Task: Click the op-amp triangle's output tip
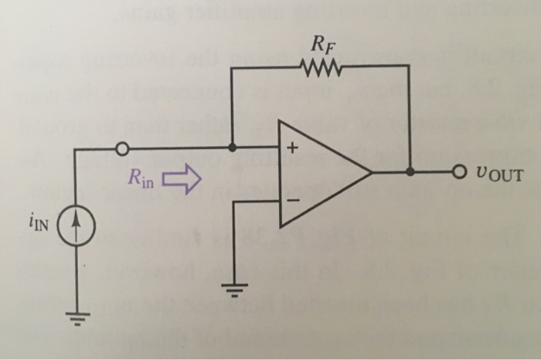tap(373, 172)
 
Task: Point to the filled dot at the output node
tap(409, 172)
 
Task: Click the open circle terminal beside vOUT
tap(461, 172)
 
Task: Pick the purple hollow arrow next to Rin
tap(182, 182)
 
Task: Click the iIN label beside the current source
tap(47, 226)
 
